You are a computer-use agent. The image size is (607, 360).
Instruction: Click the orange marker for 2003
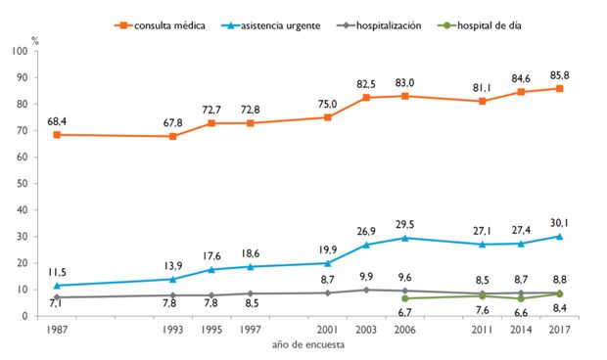(x=366, y=98)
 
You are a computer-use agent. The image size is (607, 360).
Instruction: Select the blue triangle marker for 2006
(x=404, y=238)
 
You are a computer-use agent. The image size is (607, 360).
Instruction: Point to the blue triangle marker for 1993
(x=172, y=279)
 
